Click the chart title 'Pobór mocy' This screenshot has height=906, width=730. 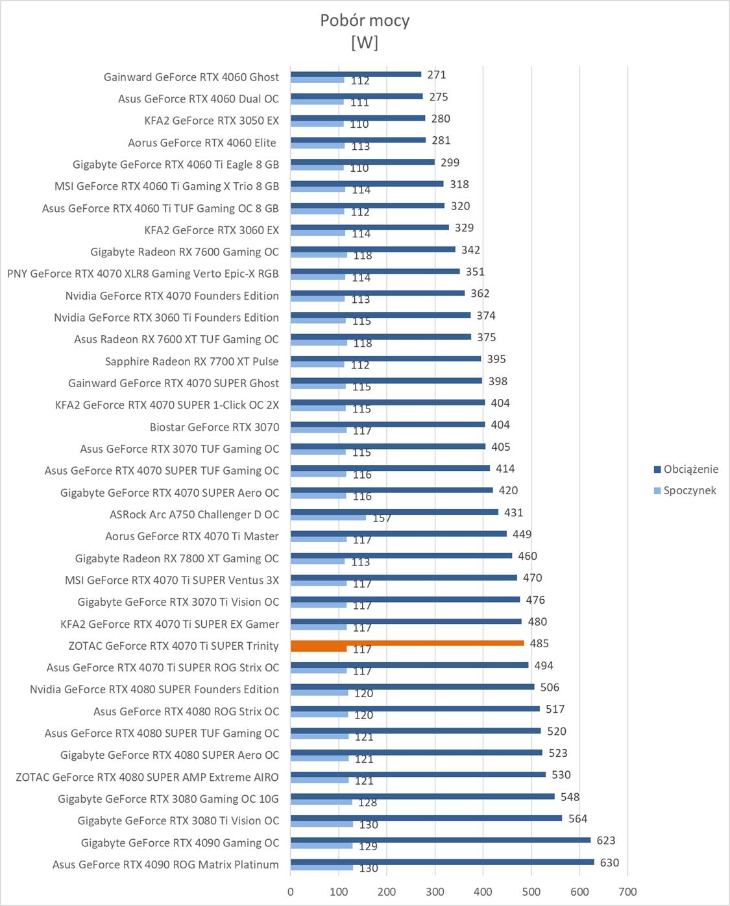365,21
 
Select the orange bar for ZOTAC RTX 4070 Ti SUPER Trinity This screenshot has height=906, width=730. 407,643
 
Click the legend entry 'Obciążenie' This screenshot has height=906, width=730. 690,469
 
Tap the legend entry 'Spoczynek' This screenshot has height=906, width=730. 689,490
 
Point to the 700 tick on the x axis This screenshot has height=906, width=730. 627,891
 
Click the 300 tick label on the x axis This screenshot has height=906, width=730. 435,891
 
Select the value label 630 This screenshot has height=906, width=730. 609,863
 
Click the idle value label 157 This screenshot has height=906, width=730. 382,518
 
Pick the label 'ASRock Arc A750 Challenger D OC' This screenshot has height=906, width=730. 194,514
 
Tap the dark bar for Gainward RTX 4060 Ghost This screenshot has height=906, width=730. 356,75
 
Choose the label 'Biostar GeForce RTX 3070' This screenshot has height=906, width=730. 214,427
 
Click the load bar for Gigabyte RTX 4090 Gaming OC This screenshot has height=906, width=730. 441,840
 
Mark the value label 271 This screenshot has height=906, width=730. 437,75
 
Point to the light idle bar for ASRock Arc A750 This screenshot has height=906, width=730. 328,518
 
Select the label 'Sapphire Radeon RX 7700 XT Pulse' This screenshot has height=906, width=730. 191,361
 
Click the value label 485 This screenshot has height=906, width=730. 539,643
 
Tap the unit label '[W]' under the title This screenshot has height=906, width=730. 365,43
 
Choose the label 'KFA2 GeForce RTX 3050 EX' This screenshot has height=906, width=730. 212,121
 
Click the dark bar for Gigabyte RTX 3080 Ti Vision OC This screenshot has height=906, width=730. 426,818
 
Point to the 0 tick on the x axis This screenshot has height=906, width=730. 291,891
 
